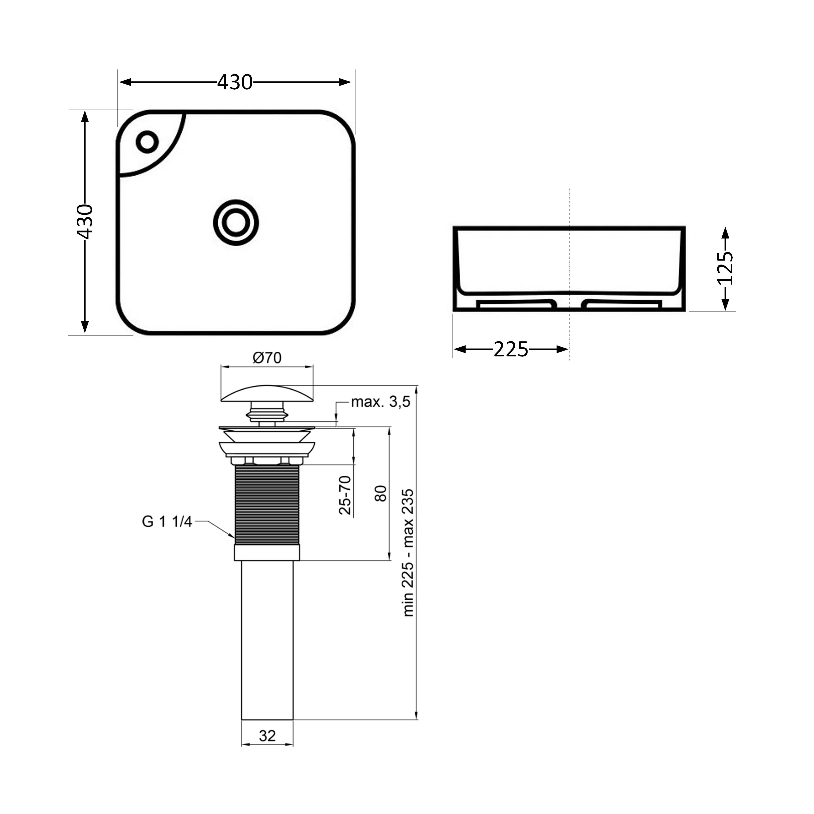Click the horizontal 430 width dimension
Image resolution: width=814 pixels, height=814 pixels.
[x=235, y=82]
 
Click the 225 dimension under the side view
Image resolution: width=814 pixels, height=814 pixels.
[x=511, y=349]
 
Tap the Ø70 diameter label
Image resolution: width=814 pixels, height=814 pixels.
[x=267, y=358]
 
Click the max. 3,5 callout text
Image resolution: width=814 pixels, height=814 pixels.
[x=381, y=402]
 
